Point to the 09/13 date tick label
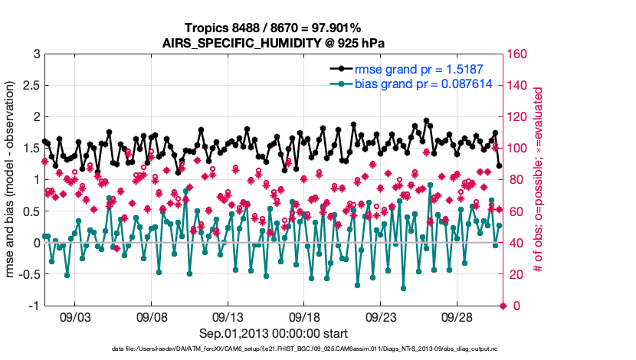click(x=228, y=316)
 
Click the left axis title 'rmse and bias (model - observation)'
click(x=13, y=180)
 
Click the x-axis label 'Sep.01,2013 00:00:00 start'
click(x=274, y=333)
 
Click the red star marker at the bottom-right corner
click(x=503, y=306)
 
